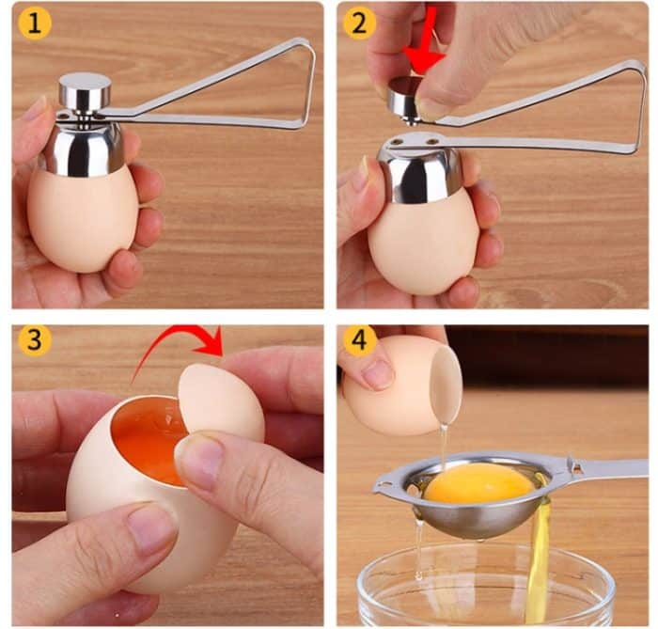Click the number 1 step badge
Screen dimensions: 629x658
coord(34,24)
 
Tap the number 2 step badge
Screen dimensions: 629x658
coord(359,24)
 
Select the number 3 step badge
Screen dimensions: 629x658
coord(34,339)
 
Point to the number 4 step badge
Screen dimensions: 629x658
coord(359,339)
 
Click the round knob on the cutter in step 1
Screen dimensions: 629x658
coord(85,92)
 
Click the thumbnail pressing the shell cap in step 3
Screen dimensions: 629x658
coord(198,458)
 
